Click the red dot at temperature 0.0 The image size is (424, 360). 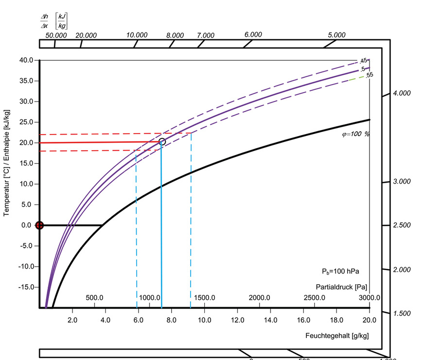40,225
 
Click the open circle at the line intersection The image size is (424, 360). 162,141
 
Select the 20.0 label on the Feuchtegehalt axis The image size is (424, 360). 370,320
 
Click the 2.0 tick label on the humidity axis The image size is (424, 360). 72,320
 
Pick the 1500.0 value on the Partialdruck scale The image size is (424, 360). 205,297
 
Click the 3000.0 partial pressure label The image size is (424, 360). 370,297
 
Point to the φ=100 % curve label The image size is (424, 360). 355,133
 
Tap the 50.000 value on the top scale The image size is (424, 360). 56,35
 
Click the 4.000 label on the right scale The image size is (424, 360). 402,93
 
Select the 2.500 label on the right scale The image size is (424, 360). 402,225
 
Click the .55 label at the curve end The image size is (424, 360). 370,75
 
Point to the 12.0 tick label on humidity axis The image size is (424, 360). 237,320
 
